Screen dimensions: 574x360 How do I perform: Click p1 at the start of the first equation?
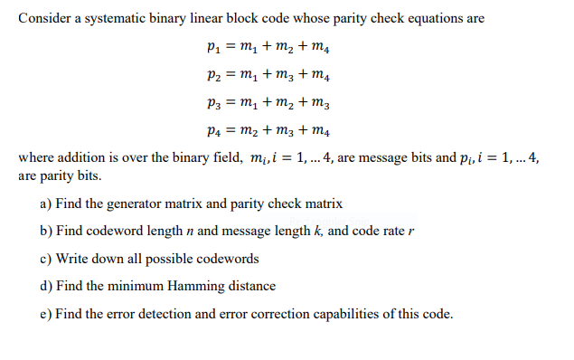pyautogui.click(x=214, y=47)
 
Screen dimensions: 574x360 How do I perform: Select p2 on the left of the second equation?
pyautogui.click(x=214, y=75)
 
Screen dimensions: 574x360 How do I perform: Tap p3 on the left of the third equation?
pyautogui.click(x=214, y=103)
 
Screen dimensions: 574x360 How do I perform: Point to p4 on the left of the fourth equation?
pyautogui.click(x=214, y=131)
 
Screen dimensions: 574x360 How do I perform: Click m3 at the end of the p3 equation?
pyautogui.click(x=321, y=103)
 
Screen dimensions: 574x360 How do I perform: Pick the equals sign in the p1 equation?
pyautogui.click(x=231, y=46)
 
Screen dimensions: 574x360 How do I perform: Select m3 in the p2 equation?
pyautogui.click(x=285, y=75)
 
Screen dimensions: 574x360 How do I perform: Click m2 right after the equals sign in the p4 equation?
pyautogui.click(x=249, y=131)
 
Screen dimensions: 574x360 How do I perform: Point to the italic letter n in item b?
pyautogui.click(x=190, y=232)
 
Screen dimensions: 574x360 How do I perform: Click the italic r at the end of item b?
pyautogui.click(x=411, y=232)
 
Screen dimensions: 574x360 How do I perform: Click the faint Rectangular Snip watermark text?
pyautogui.click(x=329, y=222)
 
